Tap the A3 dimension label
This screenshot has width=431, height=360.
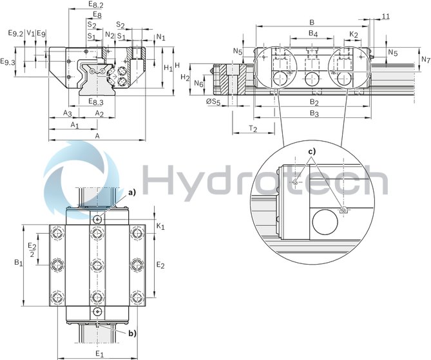pos(67,113)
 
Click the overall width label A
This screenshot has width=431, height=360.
pos(97,136)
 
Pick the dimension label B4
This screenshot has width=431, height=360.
pos(312,33)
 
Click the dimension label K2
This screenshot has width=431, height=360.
pos(354,33)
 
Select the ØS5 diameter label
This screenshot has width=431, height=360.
pos(213,102)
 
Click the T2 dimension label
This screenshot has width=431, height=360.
pos(253,129)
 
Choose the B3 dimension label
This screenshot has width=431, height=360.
pos(314,113)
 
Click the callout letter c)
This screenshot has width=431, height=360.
pos(311,152)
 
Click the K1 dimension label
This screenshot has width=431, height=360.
pos(161,227)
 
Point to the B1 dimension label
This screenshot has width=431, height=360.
pos(18,263)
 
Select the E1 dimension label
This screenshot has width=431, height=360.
pos(99,353)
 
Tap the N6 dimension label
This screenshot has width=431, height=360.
pos(198,84)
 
